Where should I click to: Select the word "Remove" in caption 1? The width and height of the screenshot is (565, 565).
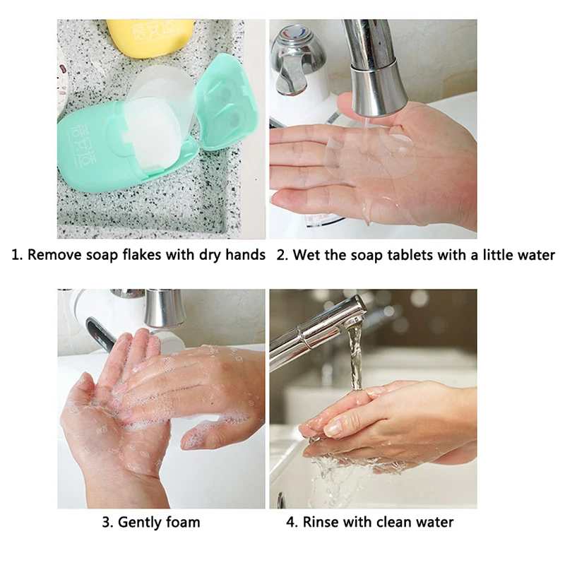(53, 255)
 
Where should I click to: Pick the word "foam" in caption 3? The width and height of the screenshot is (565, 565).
(182, 523)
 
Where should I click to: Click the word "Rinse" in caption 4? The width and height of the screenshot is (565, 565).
(321, 523)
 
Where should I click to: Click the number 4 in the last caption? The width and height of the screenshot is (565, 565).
(290, 523)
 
